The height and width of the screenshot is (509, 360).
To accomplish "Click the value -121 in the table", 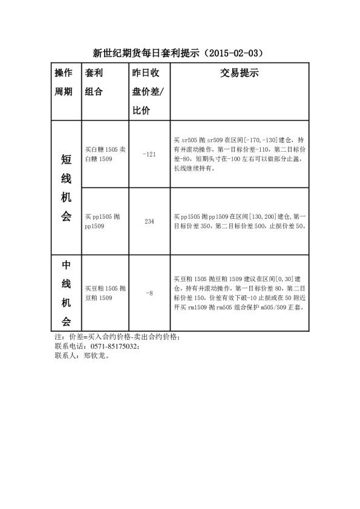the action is (149, 154).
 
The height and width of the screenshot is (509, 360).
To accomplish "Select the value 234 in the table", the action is (149, 221).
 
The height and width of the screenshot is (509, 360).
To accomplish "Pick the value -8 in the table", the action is (149, 293).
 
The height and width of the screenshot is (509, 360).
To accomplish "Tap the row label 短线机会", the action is (66, 187).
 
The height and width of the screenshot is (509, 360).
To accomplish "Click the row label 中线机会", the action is (66, 293).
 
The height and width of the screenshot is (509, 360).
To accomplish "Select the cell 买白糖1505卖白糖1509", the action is (105, 154).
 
